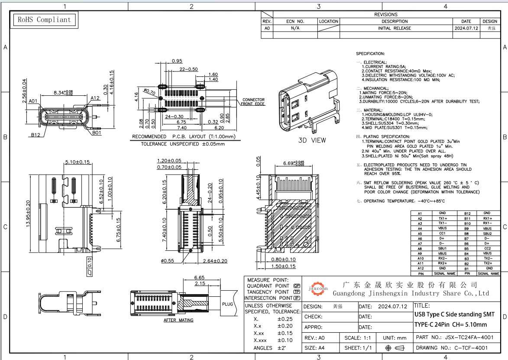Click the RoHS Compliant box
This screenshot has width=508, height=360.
coord(43,19)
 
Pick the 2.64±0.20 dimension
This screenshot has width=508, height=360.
coord(215,261)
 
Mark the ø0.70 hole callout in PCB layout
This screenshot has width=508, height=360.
coord(149,92)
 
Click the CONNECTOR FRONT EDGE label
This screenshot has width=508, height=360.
coord(253,102)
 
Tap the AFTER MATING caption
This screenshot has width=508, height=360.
coord(178,320)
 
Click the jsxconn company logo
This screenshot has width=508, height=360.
coord(318,288)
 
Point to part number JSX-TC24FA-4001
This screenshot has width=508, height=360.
coord(454,337)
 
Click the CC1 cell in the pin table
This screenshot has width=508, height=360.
coord(442,233)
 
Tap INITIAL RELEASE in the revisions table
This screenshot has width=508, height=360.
coord(394,28)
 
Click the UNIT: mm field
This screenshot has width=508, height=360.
coord(395,337)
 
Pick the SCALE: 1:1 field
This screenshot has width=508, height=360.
coord(357,337)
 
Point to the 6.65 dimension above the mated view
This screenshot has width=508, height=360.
coord(199,277)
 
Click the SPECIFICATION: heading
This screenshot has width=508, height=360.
coord(370,54)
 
